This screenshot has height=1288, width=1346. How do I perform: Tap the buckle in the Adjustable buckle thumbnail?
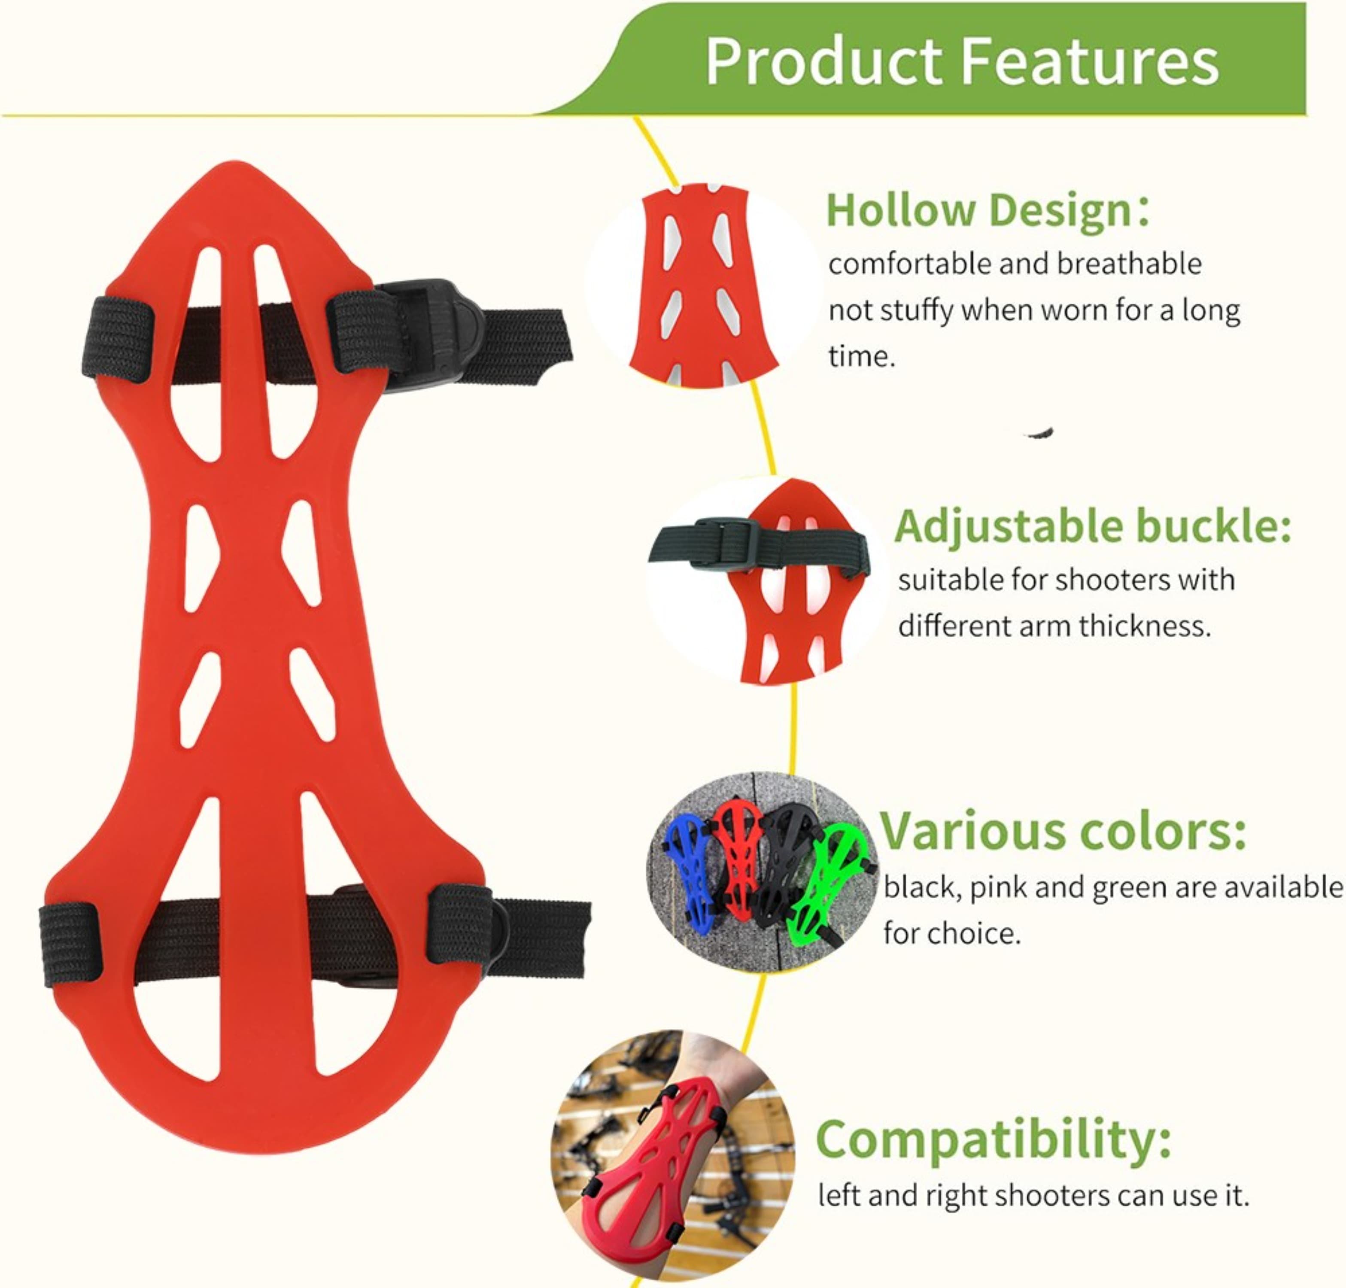(x=726, y=542)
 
